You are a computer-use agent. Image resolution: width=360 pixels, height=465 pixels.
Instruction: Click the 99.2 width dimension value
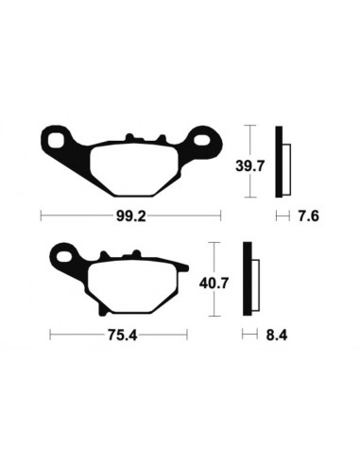click(x=130, y=215)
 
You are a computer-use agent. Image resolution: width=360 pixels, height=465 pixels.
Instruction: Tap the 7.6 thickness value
click(x=308, y=215)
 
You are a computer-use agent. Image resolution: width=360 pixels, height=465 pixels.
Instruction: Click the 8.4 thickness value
click(x=274, y=334)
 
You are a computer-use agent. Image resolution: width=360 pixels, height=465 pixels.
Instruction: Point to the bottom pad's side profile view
click(x=250, y=279)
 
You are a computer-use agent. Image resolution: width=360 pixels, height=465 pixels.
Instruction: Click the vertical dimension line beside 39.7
click(x=249, y=161)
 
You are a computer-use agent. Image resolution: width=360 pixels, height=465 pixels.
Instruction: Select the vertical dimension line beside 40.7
click(x=217, y=280)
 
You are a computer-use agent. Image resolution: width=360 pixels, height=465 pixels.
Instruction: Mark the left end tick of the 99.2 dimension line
click(x=41, y=215)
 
